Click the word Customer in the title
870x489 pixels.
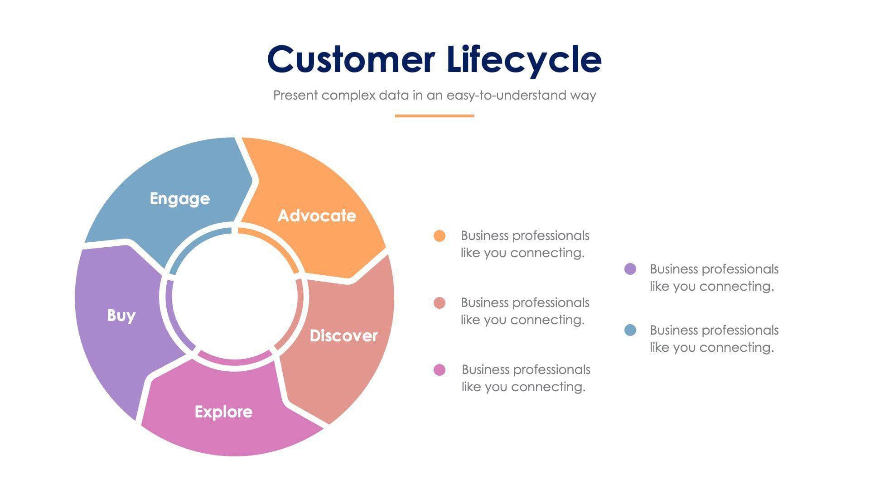[x=351, y=60]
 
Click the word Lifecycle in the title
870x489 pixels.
[x=524, y=60]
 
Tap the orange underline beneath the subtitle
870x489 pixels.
[x=434, y=116]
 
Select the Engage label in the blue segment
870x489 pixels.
[x=180, y=199]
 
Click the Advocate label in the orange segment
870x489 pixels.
[x=317, y=216]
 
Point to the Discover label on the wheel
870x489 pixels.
[x=343, y=336]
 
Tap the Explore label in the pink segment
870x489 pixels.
[x=223, y=412]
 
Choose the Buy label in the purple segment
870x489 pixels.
[x=121, y=315]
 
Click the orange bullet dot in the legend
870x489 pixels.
[x=440, y=236]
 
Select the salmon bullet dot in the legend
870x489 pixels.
[x=440, y=303]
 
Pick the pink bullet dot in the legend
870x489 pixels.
[x=440, y=370]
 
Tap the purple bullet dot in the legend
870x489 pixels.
[x=630, y=269]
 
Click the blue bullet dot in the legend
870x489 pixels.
[x=630, y=330]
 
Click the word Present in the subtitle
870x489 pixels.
[x=295, y=96]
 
